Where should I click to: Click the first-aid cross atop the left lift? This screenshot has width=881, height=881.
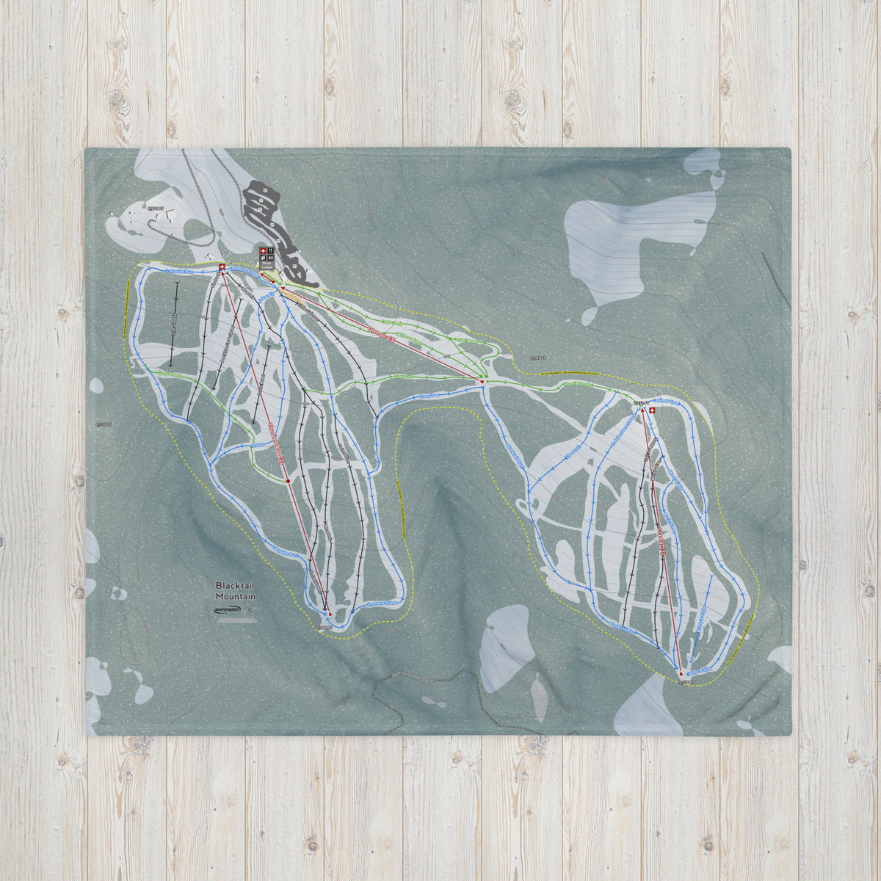[x=222, y=267]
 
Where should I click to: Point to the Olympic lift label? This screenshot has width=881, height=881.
[x=382, y=338]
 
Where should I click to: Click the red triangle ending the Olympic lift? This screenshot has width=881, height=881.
[x=482, y=383]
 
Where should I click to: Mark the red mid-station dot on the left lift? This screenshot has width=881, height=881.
[x=289, y=482]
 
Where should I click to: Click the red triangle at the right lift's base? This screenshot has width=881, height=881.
[x=681, y=672]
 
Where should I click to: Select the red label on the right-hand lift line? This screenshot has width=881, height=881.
[x=661, y=543]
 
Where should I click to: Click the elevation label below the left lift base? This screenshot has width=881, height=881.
[x=324, y=628]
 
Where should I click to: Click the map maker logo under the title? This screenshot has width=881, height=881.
[x=230, y=610]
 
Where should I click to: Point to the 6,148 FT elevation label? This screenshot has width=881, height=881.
[x=537, y=358]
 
